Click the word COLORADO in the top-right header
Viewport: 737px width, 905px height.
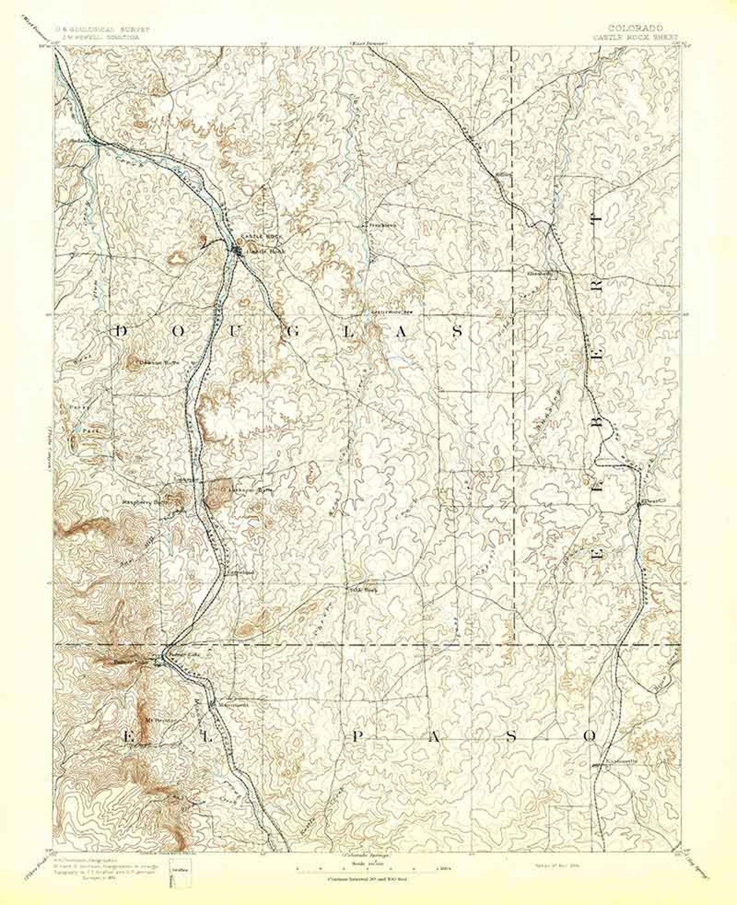pos(634,28)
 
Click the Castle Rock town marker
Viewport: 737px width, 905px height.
pos(236,250)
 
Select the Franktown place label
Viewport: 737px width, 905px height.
pos(380,225)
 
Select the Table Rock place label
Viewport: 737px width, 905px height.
pos(358,589)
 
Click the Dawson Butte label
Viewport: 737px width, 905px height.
pos(145,364)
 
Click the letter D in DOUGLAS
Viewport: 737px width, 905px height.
pos(120,331)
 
